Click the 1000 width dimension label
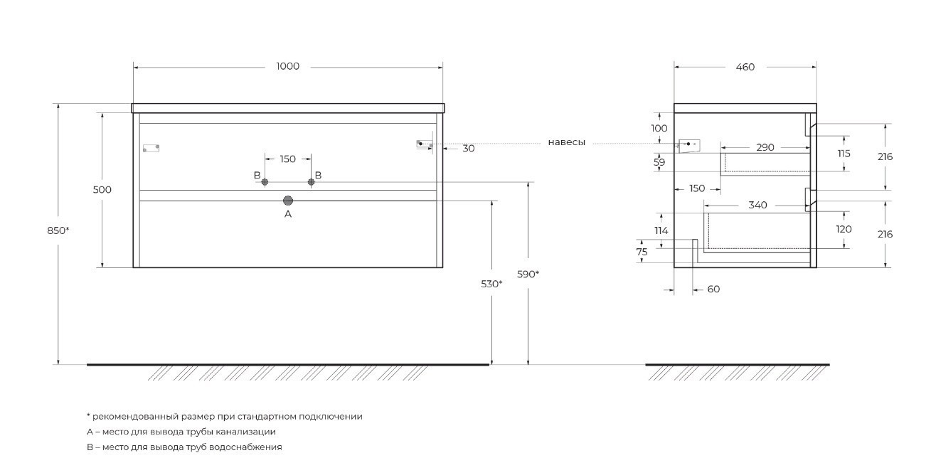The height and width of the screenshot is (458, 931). pyautogui.click(x=287, y=67)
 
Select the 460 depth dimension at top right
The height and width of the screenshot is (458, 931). pyautogui.click(x=745, y=68)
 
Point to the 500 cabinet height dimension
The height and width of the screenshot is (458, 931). pyautogui.click(x=102, y=190)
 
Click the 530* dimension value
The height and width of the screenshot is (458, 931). pyautogui.click(x=491, y=284)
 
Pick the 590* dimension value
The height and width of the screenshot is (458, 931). pyautogui.click(x=528, y=275)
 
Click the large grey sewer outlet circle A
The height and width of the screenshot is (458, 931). pyautogui.click(x=288, y=201)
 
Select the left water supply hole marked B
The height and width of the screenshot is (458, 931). pyautogui.click(x=265, y=182)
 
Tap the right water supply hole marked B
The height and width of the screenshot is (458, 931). pyautogui.click(x=311, y=182)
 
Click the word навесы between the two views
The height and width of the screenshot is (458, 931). pyautogui.click(x=566, y=143)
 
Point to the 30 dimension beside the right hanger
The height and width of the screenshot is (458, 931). pyautogui.click(x=468, y=149)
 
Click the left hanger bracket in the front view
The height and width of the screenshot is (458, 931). pyautogui.click(x=151, y=148)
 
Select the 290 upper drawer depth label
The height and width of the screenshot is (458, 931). pyautogui.click(x=765, y=147)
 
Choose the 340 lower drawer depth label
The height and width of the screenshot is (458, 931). pyautogui.click(x=757, y=206)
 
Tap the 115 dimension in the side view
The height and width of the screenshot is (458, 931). pyautogui.click(x=844, y=154)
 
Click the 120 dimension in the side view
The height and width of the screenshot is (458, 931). pyautogui.click(x=844, y=230)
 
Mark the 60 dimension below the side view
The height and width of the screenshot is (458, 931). pyautogui.click(x=713, y=289)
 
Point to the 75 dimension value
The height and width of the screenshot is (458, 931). pyautogui.click(x=642, y=252)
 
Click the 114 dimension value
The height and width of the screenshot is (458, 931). pyautogui.click(x=661, y=230)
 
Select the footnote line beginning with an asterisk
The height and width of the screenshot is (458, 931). pyautogui.click(x=224, y=417)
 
